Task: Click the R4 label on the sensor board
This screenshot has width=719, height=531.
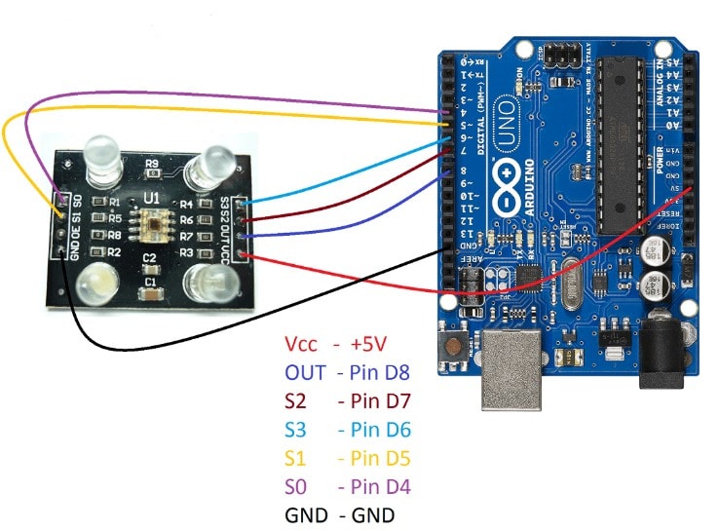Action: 186,205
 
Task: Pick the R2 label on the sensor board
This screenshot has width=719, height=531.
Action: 115,252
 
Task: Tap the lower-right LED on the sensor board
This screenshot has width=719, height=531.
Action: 208,282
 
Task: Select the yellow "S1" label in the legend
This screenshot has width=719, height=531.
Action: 296,458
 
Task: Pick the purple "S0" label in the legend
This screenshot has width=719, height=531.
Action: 296,486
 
